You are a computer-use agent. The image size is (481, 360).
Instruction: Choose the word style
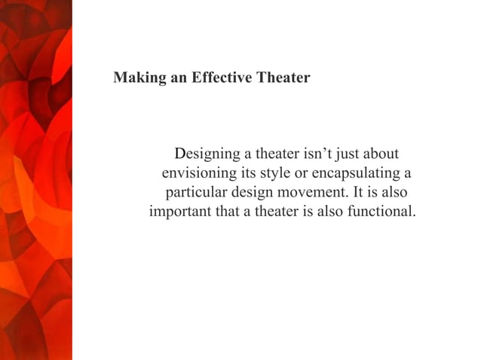point(275,175)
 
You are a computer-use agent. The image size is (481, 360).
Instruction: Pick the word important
point(181,212)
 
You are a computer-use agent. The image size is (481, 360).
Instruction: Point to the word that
point(228,212)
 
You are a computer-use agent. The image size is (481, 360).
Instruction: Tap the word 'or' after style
point(302,175)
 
